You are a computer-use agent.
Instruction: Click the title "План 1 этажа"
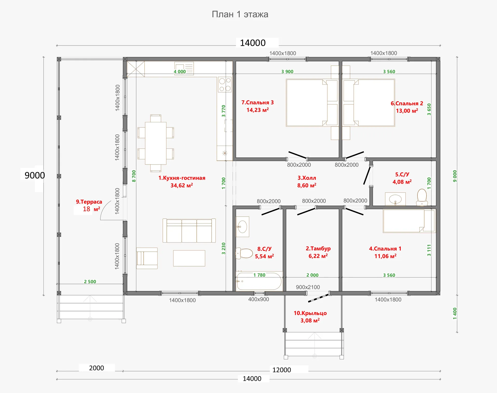click(x=240, y=14)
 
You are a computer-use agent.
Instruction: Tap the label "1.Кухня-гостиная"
click(x=182, y=178)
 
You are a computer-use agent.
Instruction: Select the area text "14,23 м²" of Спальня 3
click(x=258, y=110)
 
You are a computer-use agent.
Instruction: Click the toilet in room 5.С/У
click(x=422, y=197)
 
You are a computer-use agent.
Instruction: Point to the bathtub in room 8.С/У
click(x=259, y=281)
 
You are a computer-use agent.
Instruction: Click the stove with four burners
click(x=225, y=84)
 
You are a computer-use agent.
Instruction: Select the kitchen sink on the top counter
click(x=184, y=68)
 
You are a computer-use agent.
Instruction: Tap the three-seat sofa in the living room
click(x=189, y=231)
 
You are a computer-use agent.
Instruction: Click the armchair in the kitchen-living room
click(x=147, y=258)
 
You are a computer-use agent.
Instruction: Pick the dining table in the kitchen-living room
click(x=156, y=143)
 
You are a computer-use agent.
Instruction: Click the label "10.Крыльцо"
click(x=310, y=313)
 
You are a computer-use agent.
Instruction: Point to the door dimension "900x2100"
click(x=308, y=287)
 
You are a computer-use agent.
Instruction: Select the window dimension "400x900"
click(x=259, y=299)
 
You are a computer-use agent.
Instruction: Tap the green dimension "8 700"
click(x=134, y=176)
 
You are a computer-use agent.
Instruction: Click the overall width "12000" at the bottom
click(x=282, y=370)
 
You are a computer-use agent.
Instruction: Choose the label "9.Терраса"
click(x=89, y=202)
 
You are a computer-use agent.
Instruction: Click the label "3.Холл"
click(x=307, y=178)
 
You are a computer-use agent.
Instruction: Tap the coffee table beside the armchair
click(x=189, y=258)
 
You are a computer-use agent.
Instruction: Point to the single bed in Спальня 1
click(x=409, y=221)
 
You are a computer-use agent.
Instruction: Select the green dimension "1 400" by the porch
click(x=455, y=313)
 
